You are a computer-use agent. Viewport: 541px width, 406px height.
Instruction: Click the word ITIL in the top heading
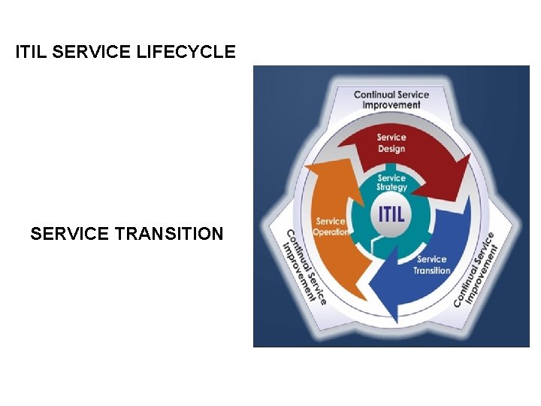(32, 52)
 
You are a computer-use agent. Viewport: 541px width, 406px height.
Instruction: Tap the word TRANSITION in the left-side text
(169, 234)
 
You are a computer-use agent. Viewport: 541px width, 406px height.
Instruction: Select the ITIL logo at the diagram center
(391, 213)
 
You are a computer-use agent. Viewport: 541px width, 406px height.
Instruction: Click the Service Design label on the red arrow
(391, 143)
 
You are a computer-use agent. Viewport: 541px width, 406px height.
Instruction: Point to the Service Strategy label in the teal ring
(392, 183)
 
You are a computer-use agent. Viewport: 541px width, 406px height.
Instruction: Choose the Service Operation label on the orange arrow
(331, 226)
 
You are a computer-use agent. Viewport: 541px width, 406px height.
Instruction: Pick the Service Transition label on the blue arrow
(432, 265)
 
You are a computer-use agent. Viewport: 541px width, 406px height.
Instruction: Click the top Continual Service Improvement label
(391, 100)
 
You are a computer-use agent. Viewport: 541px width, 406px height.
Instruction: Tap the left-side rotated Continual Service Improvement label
(304, 266)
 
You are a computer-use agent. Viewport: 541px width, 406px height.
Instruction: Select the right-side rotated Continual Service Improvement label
(476, 268)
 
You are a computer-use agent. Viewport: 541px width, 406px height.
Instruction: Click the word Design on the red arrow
(391, 149)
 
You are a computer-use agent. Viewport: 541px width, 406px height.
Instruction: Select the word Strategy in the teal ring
(392, 187)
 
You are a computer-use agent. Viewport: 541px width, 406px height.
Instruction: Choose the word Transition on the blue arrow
(432, 271)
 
